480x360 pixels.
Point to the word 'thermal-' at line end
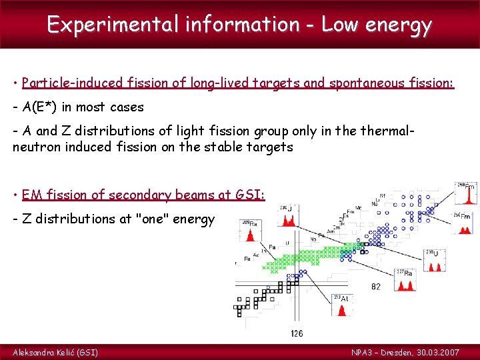tap(388, 131)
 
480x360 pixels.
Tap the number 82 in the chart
tap(377, 287)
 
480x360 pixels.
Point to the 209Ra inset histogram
tap(252, 230)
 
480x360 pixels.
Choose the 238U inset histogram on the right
tap(437, 261)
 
